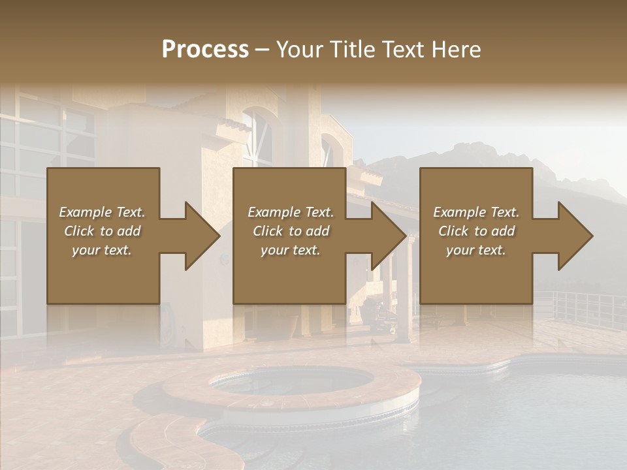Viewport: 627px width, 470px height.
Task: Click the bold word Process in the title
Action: click(205, 50)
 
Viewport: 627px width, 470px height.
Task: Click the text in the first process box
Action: click(102, 231)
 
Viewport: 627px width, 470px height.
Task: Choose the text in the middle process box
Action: click(290, 231)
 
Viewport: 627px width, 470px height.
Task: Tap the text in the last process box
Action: click(476, 231)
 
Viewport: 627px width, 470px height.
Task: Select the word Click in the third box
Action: click(453, 231)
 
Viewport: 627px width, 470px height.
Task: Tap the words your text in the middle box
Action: click(290, 250)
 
